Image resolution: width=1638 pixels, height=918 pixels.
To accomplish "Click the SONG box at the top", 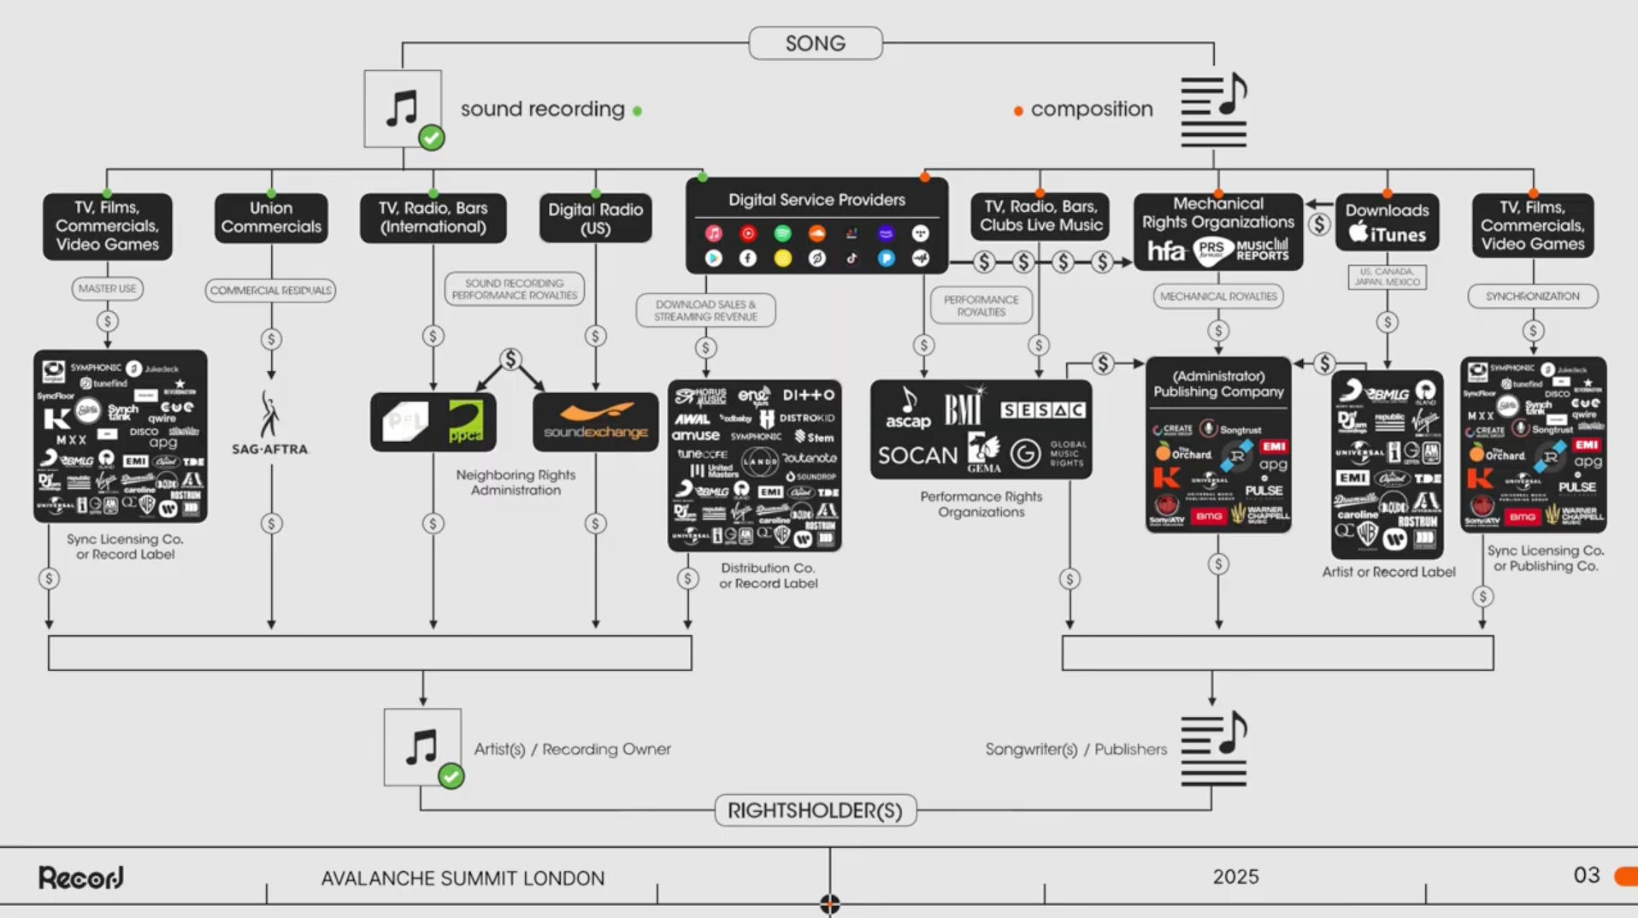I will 815,44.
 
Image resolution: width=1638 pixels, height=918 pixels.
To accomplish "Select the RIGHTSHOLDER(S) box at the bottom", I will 815,810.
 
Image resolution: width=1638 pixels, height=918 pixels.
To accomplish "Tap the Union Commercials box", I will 271,218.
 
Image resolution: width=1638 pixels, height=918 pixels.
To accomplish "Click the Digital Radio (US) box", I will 595,219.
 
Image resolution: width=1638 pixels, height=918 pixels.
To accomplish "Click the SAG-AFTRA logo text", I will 269,449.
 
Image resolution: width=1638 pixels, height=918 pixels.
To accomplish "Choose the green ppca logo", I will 466,422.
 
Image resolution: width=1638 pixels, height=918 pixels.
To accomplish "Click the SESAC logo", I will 1043,410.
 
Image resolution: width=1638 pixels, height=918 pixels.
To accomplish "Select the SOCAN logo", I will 917,456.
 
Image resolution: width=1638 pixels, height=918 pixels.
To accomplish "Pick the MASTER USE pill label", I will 107,289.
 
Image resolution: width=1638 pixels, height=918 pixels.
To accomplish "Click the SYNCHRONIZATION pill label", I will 1532,297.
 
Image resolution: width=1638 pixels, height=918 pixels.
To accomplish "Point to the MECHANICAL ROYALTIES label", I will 1218,297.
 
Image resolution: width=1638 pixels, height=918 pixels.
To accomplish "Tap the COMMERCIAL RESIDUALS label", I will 270,291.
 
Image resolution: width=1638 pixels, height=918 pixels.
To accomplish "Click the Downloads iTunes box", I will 1387,222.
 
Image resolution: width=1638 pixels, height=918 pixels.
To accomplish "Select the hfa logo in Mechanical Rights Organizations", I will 1166,250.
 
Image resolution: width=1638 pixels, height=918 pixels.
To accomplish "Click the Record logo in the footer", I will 81,877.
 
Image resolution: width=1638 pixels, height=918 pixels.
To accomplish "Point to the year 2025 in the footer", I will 1235,877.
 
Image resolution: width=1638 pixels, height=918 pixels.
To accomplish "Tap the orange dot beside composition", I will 1018,111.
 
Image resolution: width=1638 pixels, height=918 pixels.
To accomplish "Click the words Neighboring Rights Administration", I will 516,482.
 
